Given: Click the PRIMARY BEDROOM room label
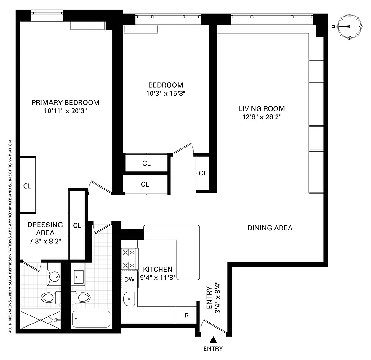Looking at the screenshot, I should [65, 103].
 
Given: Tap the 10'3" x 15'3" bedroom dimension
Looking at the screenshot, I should [166, 94].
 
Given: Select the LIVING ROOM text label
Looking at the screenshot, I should [261, 108].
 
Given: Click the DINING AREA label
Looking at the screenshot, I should [270, 228].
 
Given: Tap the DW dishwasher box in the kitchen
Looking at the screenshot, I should [130, 279].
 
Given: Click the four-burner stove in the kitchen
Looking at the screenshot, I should [129, 259].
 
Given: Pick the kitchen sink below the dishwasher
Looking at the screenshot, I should [130, 298].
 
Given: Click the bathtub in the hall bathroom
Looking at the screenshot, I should [91, 319].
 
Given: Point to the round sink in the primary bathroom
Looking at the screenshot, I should [54, 277].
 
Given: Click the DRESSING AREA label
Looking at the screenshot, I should [45, 229].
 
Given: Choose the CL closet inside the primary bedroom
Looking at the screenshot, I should [27, 185].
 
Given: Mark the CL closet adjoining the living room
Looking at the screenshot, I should [202, 173].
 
